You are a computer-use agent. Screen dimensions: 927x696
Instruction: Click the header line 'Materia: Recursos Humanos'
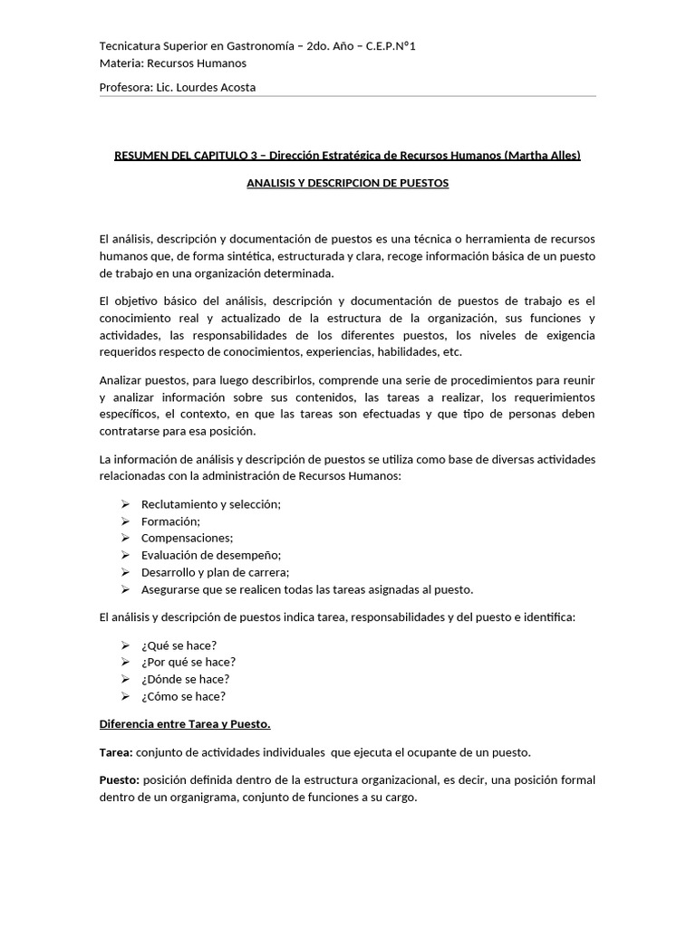coord(172,63)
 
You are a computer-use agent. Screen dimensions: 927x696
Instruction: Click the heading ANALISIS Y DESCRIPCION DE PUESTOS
coord(348,183)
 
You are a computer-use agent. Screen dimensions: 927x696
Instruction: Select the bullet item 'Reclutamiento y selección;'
coord(211,504)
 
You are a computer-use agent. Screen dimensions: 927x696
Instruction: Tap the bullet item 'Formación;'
coord(171,521)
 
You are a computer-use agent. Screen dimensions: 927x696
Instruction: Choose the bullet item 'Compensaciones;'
coord(187,539)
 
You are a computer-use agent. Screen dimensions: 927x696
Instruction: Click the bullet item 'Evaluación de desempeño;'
coord(211,555)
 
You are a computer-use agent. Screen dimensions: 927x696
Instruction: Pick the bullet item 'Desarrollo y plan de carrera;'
coord(215,572)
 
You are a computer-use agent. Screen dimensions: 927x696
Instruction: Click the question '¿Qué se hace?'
coord(179,645)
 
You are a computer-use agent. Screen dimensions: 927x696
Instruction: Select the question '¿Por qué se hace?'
coord(188,662)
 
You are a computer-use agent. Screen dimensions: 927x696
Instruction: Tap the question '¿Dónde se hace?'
coord(185,679)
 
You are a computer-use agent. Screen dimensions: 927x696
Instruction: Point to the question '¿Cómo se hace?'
coord(183,696)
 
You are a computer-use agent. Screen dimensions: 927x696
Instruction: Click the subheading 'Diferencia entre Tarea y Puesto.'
coord(185,724)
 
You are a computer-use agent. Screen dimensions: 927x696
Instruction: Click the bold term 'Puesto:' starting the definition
coord(120,780)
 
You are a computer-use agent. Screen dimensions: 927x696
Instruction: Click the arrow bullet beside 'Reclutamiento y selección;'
coord(125,504)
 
